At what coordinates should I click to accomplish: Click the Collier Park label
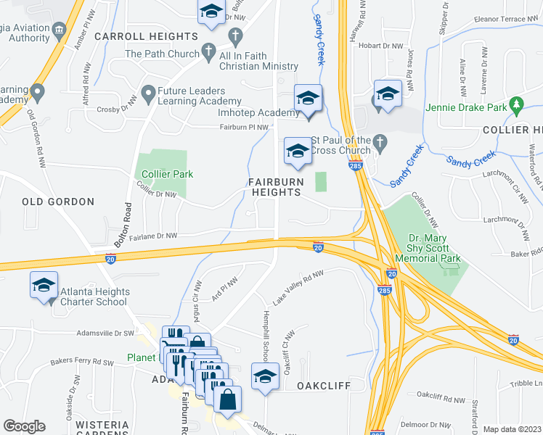pos(168,175)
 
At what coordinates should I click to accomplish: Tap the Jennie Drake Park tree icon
pos(517,105)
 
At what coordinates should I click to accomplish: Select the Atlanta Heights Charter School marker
pos(44,285)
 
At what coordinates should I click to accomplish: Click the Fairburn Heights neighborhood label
pos(275,187)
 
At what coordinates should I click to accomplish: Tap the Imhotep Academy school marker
pos(308,98)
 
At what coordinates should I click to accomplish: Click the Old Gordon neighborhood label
pos(58,202)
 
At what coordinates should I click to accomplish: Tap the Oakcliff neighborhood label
pos(324,386)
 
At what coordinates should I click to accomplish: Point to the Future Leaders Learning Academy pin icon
pos(147,92)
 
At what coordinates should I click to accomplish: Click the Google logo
pos(24,426)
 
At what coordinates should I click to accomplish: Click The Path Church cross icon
pos(209,52)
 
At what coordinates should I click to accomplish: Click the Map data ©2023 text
pos(511,429)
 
